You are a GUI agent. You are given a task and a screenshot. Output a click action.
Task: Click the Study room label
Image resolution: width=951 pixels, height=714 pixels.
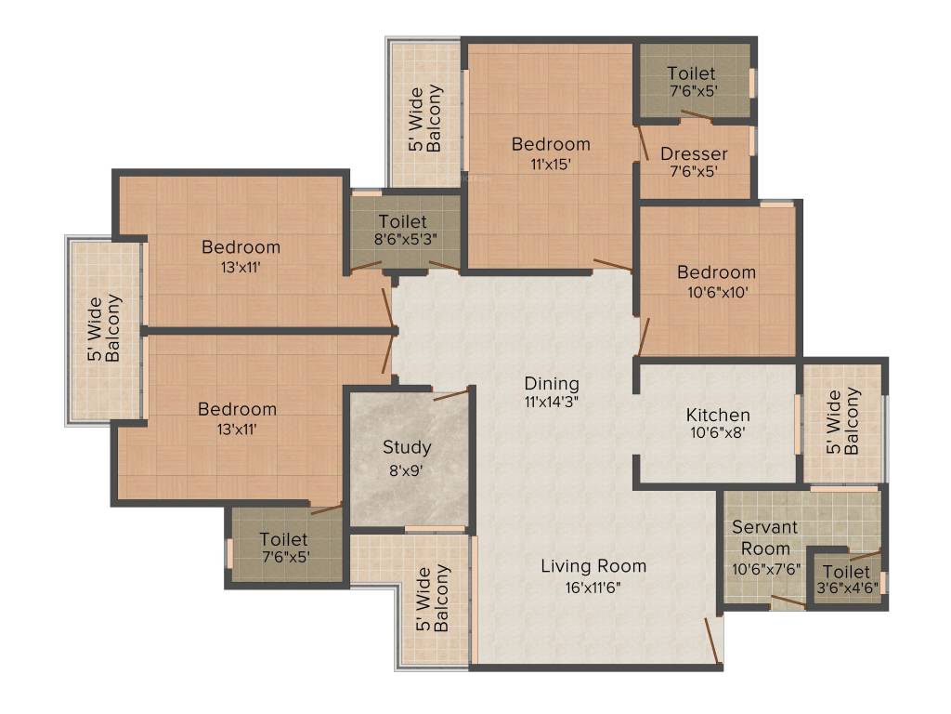(407, 447)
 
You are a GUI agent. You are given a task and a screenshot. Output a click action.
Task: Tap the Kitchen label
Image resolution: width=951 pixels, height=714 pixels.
(718, 415)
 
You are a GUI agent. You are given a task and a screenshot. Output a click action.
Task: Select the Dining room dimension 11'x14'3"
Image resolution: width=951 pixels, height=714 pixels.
(551, 403)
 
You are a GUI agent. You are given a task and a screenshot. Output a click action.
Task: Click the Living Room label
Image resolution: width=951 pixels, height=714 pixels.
(593, 565)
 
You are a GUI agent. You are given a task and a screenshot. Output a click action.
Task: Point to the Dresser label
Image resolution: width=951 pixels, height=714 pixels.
(694, 153)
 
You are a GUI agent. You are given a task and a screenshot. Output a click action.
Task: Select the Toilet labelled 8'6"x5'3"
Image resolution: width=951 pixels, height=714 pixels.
(402, 221)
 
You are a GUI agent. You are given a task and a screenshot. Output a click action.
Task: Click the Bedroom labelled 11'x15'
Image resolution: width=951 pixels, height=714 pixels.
(551, 144)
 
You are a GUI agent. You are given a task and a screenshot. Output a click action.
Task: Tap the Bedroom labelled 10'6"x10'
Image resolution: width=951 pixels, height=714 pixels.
(716, 272)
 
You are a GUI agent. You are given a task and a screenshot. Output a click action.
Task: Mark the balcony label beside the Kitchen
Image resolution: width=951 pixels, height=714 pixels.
(844, 421)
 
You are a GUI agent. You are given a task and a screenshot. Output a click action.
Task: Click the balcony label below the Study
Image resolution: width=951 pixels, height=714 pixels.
(434, 599)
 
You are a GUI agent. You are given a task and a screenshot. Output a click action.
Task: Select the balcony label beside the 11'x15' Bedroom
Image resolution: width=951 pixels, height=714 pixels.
(425, 118)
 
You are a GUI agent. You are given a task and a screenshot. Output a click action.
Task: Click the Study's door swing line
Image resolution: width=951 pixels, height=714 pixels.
(450, 394)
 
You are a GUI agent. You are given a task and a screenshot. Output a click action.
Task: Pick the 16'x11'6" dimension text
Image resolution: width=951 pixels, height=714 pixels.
(593, 588)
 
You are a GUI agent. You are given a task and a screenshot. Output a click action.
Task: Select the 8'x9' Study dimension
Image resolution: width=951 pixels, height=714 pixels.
(407, 469)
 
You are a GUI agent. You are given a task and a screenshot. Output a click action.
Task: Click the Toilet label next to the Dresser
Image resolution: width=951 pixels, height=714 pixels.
(692, 73)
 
